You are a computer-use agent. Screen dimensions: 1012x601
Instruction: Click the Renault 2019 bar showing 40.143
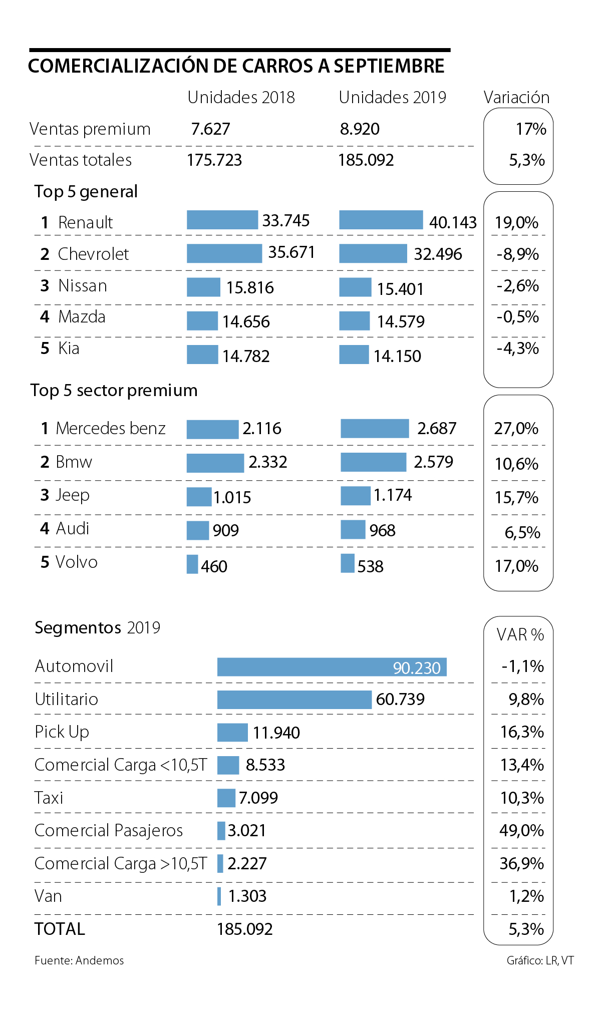pyautogui.click(x=381, y=220)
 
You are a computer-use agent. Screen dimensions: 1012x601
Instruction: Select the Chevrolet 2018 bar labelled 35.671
pyautogui.click(x=224, y=253)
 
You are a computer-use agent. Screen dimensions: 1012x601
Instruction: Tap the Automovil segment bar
pyautogui.click(x=332, y=667)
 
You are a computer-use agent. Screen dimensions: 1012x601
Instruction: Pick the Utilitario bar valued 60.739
pyautogui.click(x=294, y=700)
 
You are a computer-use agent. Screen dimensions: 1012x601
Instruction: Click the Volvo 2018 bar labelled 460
pyautogui.click(x=192, y=564)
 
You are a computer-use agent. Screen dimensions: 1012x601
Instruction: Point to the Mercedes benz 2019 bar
pyautogui.click(x=375, y=429)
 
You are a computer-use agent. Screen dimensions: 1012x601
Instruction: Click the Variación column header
pyautogui.click(x=516, y=97)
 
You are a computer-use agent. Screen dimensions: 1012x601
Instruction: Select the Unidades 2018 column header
pyautogui.click(x=241, y=97)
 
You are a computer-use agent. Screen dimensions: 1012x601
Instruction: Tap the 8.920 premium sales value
pyautogui.click(x=360, y=129)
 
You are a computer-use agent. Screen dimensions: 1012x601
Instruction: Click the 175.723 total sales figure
pyautogui.click(x=214, y=160)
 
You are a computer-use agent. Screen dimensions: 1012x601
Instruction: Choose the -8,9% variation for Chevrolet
pyautogui.click(x=518, y=254)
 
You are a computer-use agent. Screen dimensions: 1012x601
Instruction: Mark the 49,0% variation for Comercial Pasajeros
pyautogui.click(x=521, y=831)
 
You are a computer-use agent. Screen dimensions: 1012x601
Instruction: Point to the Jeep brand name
pyautogui.click(x=72, y=495)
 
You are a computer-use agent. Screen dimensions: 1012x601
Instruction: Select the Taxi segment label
pyautogui.click(x=49, y=798)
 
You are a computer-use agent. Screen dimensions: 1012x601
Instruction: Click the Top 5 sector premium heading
pyautogui.click(x=114, y=391)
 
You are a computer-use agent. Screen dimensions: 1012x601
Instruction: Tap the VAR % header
pyautogui.click(x=520, y=635)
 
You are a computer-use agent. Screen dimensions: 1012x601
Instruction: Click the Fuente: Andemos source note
pyautogui.click(x=79, y=960)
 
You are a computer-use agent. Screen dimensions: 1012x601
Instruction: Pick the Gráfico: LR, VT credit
pyautogui.click(x=540, y=960)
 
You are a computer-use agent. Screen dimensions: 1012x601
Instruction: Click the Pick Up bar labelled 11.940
pyautogui.click(x=232, y=733)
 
